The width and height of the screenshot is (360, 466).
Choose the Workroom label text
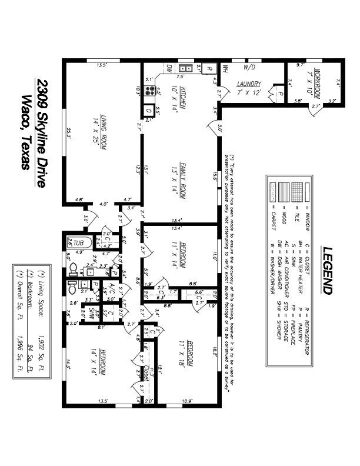pyautogui.click(x=316, y=84)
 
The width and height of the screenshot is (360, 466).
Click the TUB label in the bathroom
pyautogui.click(x=81, y=242)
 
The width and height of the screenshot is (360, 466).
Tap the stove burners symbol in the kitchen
pyautogui.click(x=148, y=91)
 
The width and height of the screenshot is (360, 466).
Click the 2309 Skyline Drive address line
pyautogui.click(x=41, y=133)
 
